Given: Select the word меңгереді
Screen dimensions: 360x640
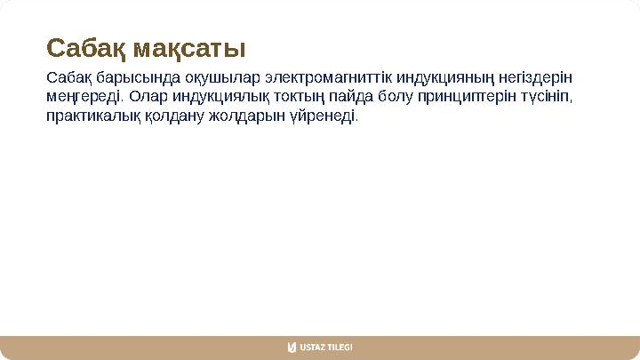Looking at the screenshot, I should tap(85, 96).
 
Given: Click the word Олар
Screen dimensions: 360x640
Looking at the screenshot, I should tap(148, 96).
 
